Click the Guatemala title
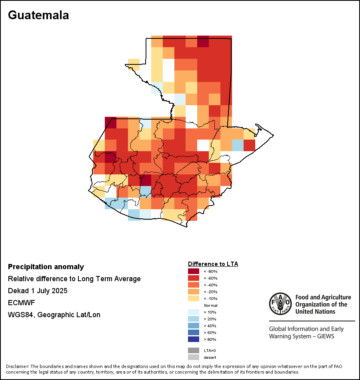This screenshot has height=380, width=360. (x=38, y=15)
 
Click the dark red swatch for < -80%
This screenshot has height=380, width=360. (x=194, y=271)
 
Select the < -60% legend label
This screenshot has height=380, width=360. (x=210, y=278)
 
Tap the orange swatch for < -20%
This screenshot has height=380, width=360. (x=194, y=292)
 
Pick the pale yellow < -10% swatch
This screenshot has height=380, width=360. (x=194, y=298)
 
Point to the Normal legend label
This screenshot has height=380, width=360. (x=211, y=305)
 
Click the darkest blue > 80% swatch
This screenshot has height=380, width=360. (x=194, y=339)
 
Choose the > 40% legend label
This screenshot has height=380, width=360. (x=210, y=326)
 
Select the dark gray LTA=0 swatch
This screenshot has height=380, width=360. (x=194, y=350)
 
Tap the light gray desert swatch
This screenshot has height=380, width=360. (x=194, y=357)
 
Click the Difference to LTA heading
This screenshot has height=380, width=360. (x=213, y=264)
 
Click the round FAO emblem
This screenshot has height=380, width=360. (x=280, y=304)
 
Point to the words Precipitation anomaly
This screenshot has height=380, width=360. (x=46, y=267)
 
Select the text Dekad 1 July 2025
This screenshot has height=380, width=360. (x=38, y=290)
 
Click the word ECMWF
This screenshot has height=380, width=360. (x=21, y=303)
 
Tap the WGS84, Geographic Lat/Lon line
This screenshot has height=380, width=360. (x=54, y=314)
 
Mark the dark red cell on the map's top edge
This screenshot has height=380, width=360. (x=203, y=41)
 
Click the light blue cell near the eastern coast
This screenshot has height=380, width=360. (x=238, y=145)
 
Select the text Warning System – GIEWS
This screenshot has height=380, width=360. (x=302, y=336)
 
